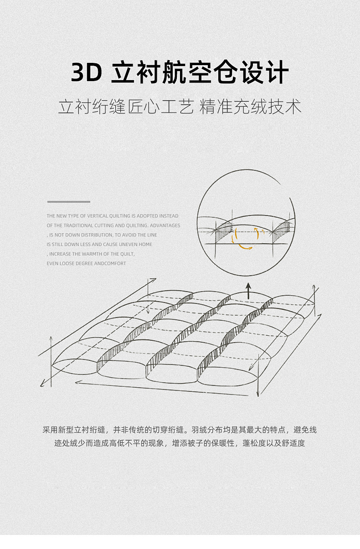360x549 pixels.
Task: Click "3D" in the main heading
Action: pos(86,72)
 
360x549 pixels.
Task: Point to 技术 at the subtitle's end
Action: pos(284,107)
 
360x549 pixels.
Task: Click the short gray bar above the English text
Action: pos(69,202)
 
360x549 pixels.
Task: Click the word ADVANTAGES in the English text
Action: pos(165,226)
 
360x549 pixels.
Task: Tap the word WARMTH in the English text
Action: pos(90,254)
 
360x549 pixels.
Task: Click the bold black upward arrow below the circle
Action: pos(248,291)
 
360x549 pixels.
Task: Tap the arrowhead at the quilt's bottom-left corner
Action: pos(42,385)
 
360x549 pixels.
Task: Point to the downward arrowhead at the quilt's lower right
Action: pos(257,395)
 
